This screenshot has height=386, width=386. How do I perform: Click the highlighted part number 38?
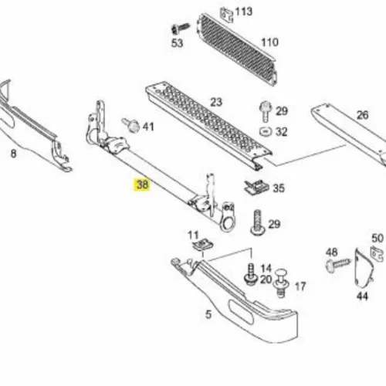point(142,185)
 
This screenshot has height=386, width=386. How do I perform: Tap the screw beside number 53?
point(180,29)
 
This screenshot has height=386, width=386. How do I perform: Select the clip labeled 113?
point(227,15)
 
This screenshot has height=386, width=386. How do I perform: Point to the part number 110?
point(269,42)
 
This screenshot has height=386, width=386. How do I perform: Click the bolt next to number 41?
point(130,125)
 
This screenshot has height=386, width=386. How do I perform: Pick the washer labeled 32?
point(266,132)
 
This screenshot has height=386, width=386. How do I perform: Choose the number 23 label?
point(216,102)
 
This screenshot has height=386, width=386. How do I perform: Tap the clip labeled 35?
point(256,187)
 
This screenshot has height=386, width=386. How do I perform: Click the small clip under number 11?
point(203,245)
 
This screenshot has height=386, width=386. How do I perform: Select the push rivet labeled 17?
point(282,283)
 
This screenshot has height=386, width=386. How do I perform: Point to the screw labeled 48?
point(338,264)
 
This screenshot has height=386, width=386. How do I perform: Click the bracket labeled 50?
point(377,254)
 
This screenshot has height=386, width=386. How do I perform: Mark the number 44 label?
point(362,296)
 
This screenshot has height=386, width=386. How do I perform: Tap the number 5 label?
point(208,314)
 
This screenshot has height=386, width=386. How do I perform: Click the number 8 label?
point(13,154)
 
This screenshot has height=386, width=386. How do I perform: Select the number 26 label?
point(362,115)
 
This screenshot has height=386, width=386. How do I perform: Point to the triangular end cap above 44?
point(363,268)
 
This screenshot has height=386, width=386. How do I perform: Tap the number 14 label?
point(266,269)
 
